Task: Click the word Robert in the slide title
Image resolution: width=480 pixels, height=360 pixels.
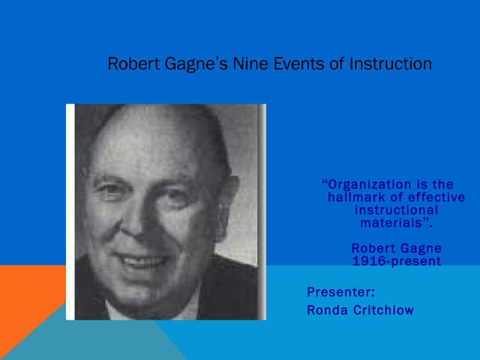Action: click(130, 64)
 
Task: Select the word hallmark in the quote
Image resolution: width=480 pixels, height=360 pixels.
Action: click(357, 197)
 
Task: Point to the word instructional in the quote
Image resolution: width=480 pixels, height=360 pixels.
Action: click(396, 210)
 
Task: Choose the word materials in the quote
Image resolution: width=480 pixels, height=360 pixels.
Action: click(394, 223)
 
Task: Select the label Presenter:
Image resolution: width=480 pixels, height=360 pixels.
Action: click(340, 292)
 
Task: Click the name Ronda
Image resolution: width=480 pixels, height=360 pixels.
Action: click(328, 310)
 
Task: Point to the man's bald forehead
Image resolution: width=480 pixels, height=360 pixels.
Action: click(150, 142)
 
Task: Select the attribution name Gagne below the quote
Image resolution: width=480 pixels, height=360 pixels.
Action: click(418, 248)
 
